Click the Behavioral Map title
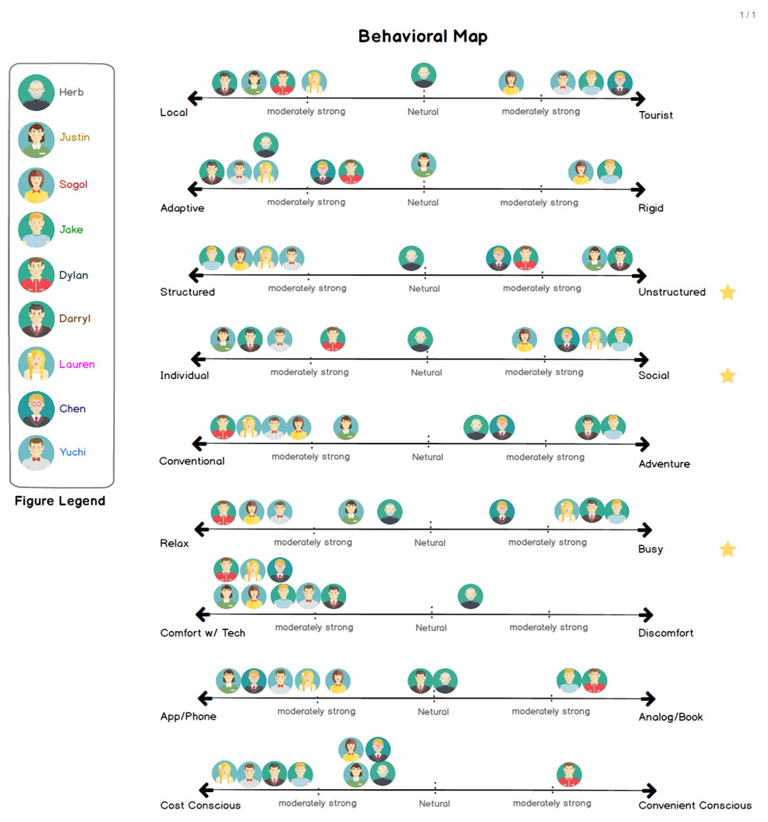tap(422, 36)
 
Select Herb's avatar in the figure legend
tap(36, 93)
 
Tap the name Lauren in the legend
tap(77, 364)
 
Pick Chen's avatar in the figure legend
tap(36, 409)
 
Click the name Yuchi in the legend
tap(73, 452)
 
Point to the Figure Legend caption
tap(60, 500)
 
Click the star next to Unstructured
tap(727, 292)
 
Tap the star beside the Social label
tap(727, 375)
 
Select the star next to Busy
tap(727, 549)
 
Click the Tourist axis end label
tap(655, 115)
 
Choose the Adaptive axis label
tap(182, 208)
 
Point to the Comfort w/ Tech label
tap(202, 633)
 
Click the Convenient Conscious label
tap(695, 805)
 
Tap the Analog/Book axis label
tap(670, 717)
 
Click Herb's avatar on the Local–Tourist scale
tap(424, 75)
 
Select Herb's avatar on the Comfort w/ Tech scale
tap(470, 596)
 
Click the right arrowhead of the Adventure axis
tap(643, 444)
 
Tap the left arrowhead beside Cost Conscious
tap(206, 790)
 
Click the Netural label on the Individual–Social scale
tap(426, 372)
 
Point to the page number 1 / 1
tap(747, 15)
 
